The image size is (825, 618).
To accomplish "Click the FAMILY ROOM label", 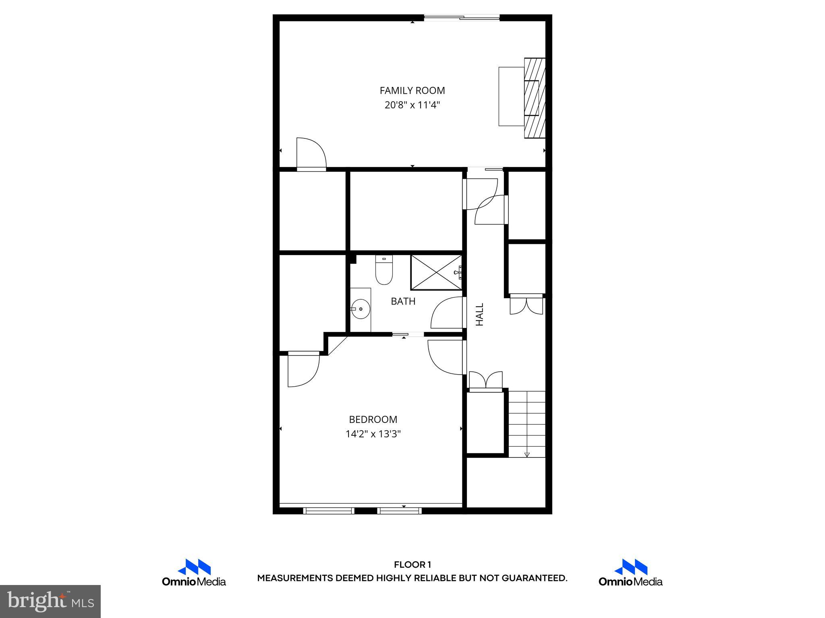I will pos(412,91).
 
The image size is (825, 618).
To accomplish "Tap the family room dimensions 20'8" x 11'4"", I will pos(412,105).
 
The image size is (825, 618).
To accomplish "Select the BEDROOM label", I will pos(373,420).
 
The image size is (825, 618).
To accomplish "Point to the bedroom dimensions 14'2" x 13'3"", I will pos(373,434).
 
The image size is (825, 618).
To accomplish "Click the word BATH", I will pos(403,301).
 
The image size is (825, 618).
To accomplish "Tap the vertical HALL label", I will pos(479,314).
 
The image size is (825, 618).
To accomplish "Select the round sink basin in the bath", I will pos(361,309).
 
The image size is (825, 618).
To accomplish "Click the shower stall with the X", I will pos(436,272).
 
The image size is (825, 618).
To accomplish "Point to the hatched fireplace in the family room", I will pos(535,98).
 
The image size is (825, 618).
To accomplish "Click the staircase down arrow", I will pos(527,454).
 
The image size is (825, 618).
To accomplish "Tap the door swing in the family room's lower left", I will pos(311,153).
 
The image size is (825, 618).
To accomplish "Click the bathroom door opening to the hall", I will pos(447,313).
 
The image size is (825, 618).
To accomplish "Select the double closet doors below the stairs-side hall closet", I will pos(486,381).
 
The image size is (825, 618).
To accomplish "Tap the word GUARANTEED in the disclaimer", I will pos(534,578).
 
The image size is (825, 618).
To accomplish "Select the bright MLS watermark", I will pos(50,602).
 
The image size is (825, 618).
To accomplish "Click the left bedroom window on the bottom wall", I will pos(329,511).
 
